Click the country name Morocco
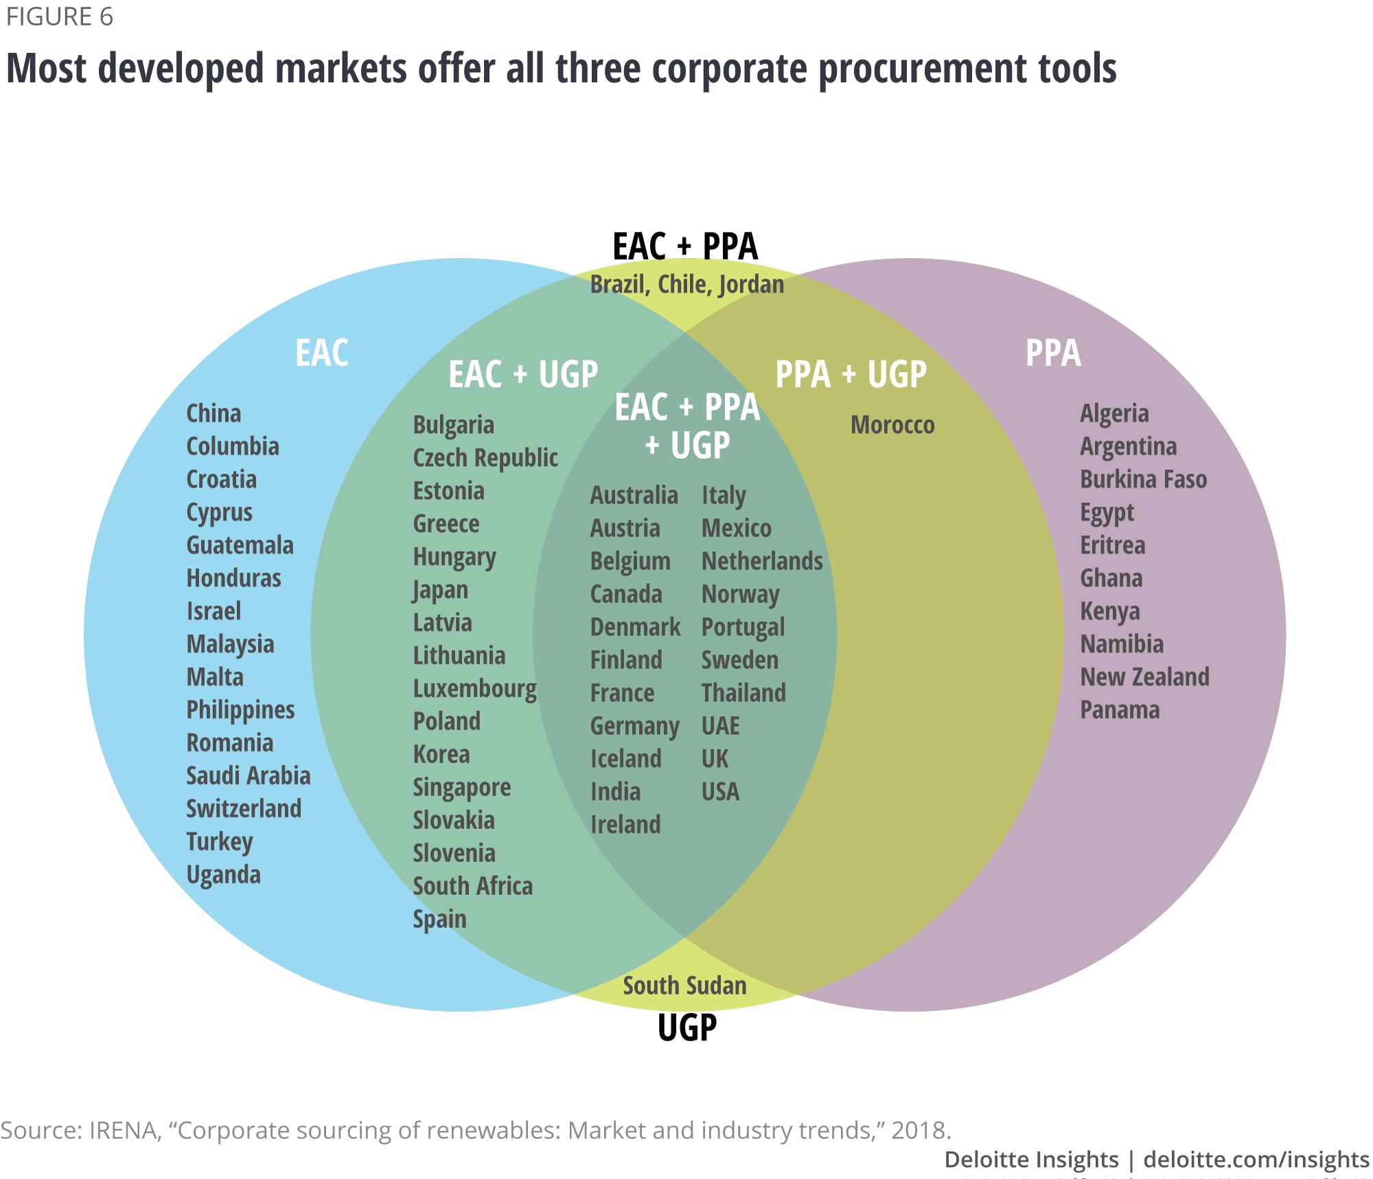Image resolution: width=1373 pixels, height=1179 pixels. (892, 425)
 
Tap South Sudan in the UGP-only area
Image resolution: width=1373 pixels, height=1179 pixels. (684, 985)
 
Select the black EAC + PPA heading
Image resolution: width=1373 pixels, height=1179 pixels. (684, 246)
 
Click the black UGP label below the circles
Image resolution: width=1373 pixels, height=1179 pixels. (686, 1027)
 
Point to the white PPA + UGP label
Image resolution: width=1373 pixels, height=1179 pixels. (851, 374)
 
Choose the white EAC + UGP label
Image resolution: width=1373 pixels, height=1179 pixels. (523, 374)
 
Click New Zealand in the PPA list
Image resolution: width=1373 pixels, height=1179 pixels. (1144, 677)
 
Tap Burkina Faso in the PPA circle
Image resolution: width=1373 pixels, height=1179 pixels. (1143, 479)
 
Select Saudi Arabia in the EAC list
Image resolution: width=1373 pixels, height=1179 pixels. (249, 775)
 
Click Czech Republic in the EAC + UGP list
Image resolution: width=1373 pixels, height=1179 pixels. (485, 458)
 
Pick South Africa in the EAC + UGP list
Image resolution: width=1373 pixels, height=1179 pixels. (472, 886)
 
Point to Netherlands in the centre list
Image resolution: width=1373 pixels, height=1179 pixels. (762, 561)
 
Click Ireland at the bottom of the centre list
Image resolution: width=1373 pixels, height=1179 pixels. (625, 824)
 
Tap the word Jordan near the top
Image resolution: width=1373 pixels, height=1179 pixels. (751, 284)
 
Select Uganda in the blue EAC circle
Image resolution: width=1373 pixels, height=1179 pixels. (223, 874)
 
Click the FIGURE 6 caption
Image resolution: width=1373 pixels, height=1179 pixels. (60, 16)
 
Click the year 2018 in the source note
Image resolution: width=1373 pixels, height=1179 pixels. (919, 1130)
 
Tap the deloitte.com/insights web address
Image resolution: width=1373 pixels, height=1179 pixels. (1256, 1159)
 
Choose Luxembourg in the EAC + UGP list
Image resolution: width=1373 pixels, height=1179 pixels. (474, 688)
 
